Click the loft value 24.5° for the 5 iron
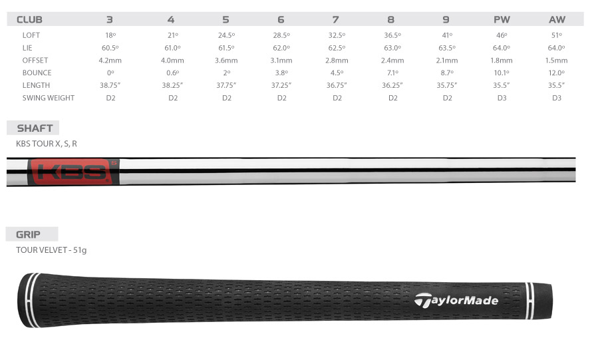226,35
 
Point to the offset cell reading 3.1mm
282,60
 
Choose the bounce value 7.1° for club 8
392,73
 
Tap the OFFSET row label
36,60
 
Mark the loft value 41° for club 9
448,35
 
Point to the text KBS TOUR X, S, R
47,143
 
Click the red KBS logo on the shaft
73,172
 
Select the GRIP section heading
29,234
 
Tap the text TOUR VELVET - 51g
51,250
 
